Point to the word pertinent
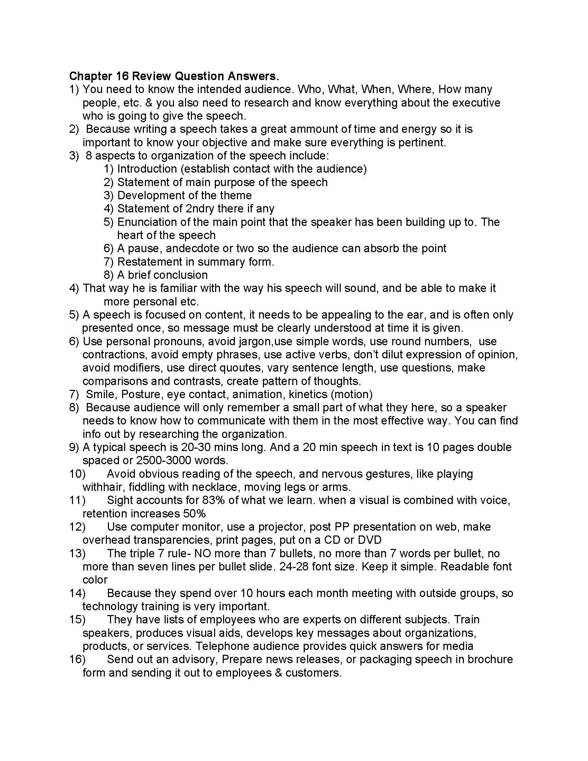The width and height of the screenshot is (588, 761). (x=422, y=142)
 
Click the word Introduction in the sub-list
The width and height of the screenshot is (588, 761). (x=147, y=169)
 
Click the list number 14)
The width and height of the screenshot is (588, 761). (x=77, y=593)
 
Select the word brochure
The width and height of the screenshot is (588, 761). (x=490, y=659)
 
